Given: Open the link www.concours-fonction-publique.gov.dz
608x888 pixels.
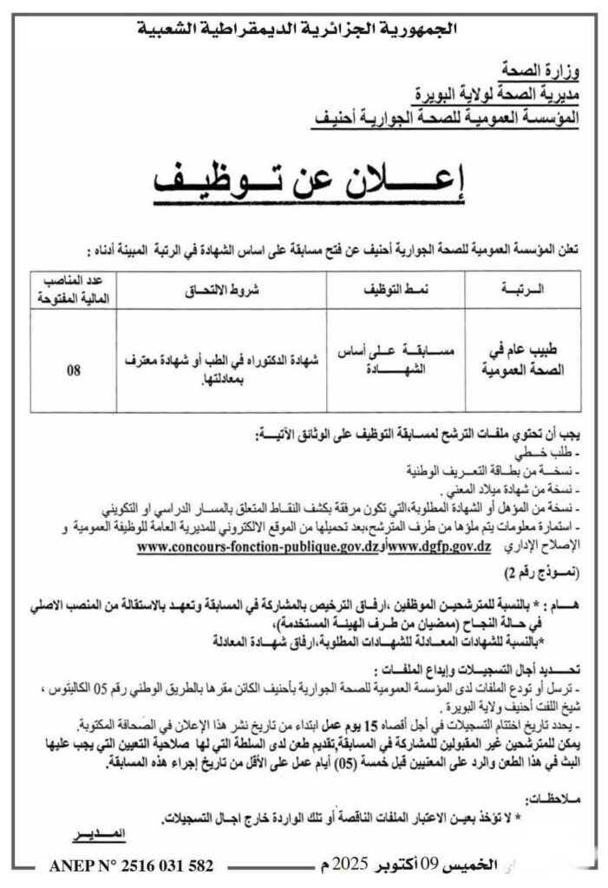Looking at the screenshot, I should pos(259,549).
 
